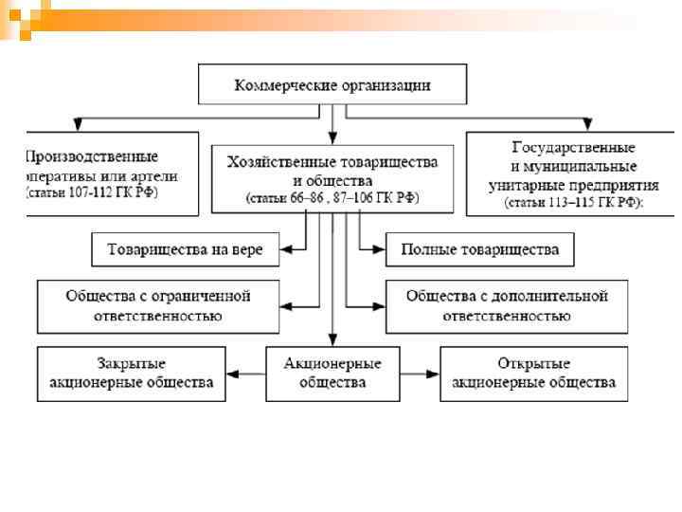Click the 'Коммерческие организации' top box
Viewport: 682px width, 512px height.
(332, 86)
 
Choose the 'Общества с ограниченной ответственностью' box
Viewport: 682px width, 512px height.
(158, 305)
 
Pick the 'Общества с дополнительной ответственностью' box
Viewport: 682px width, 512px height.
(507, 305)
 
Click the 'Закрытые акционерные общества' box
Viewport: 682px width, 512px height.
(131, 374)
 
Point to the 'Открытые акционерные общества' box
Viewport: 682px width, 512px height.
(533, 374)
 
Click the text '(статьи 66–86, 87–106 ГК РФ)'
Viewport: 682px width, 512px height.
(332, 198)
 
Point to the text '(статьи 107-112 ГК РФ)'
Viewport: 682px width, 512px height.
(92, 192)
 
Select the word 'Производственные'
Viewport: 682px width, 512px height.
(92, 156)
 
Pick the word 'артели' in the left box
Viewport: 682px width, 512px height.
(153, 175)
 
